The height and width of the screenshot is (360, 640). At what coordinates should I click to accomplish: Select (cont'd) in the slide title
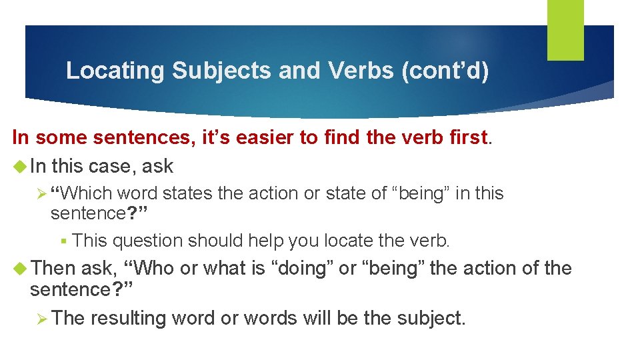pos(445,71)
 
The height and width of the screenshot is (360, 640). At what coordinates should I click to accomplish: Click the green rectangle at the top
pos(565,30)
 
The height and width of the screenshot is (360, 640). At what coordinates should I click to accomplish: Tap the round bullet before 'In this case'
pos(19,166)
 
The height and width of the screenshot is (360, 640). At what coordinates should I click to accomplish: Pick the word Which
pos(88,194)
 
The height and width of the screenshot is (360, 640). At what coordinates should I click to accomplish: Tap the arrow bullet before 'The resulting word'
pos(41,318)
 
